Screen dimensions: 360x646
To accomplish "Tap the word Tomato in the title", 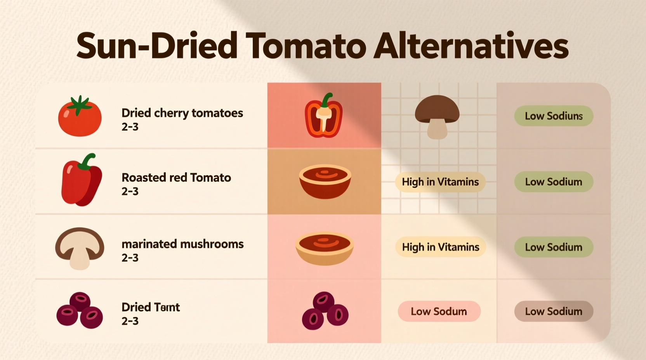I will (306, 46).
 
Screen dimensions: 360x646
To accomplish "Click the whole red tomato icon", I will (80, 117).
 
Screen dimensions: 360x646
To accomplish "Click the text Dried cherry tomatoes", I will (182, 113).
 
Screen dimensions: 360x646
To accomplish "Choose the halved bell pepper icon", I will (324, 116).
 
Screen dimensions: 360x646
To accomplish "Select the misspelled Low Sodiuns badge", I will (554, 116).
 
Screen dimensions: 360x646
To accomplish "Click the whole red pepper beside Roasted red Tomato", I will (81, 180).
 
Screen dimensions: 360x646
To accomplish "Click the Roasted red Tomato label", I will (176, 178).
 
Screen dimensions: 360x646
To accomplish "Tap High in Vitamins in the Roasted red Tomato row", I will (440, 182).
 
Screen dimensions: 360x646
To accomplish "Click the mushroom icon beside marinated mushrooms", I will (80, 247).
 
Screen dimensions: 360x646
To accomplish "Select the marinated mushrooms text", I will (182, 244).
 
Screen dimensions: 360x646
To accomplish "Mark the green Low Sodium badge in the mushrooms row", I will (554, 247).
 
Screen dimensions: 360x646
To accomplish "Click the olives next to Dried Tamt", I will (80, 310).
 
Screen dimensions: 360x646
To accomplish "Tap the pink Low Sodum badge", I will (439, 311).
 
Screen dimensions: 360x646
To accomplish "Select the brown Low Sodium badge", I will (554, 311).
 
